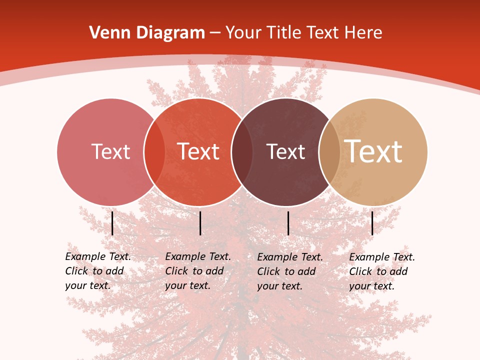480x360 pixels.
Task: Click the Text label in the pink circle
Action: tap(110, 151)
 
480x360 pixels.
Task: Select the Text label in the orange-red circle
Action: tap(198, 151)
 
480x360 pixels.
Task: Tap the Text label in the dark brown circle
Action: tap(285, 151)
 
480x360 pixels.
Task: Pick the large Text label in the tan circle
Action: tap(373, 151)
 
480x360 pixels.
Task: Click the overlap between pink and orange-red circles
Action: tap(154, 152)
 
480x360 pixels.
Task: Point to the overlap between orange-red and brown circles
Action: tap(242, 152)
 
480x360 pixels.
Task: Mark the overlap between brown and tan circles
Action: tap(329, 152)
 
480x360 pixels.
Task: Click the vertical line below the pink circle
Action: tap(112, 223)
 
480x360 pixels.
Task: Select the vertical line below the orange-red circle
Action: tap(200, 223)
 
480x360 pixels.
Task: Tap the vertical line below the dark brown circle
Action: tap(288, 223)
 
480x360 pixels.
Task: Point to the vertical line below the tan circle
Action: tap(372, 223)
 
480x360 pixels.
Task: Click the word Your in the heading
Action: tap(243, 33)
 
